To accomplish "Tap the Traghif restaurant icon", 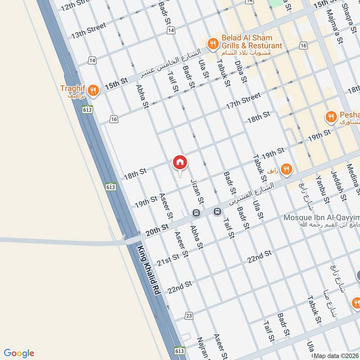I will [93, 90].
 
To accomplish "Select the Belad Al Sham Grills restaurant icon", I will [212, 43].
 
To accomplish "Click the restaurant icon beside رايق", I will [287, 169].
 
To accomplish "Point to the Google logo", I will [19, 353].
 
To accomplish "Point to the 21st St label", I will [168, 259].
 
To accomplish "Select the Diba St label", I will [241, 72].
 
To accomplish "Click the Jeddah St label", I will [338, 185].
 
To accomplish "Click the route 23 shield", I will [189, 316].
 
